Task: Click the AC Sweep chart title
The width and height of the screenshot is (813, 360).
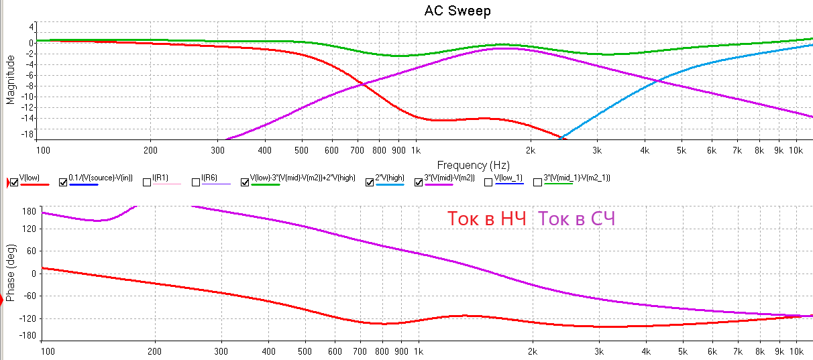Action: coord(457,11)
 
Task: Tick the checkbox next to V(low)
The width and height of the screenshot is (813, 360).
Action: coord(15,182)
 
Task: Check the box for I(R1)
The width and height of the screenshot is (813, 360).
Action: coord(148,182)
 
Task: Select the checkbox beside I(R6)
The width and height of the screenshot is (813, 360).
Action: coord(196,182)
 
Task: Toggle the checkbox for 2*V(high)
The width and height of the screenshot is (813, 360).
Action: coord(370,182)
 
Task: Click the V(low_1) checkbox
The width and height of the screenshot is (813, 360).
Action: coord(488,182)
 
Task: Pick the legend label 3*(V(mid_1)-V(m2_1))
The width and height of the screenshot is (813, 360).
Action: coord(577,178)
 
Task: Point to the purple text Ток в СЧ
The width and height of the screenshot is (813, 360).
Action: coord(578,219)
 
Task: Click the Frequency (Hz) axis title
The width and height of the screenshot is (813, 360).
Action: coord(473,164)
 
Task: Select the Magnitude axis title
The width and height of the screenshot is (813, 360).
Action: coord(10,79)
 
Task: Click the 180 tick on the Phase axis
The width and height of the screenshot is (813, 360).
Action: coord(28,211)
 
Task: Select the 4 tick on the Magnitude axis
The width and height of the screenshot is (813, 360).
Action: coord(32,27)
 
